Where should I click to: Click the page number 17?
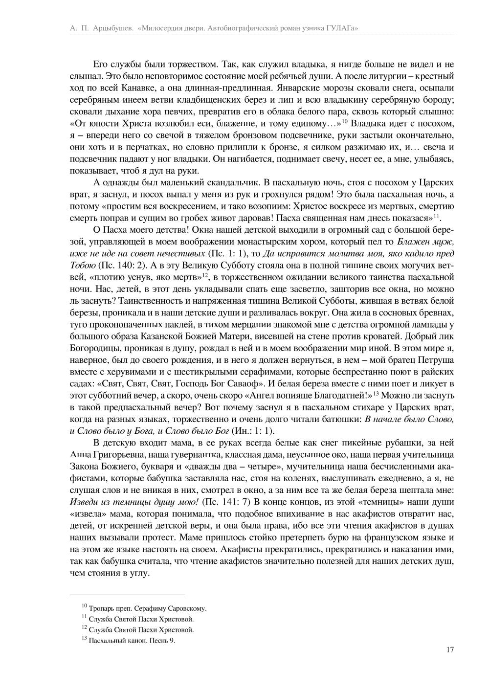pyautogui.click(x=450, y=650)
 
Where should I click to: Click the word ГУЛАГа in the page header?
pyautogui.click(x=341, y=29)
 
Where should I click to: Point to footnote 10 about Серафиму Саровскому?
pyautogui.click(x=147, y=609)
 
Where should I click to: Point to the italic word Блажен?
pyautogui.click(x=413, y=242)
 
